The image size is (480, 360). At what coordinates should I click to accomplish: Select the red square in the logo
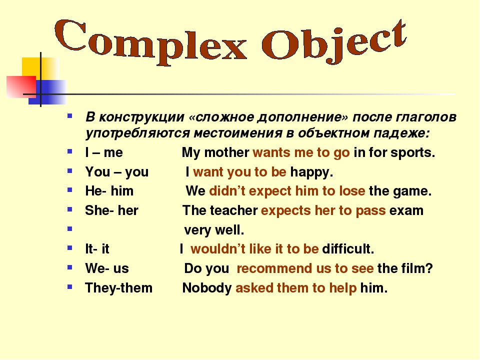coord(21,86)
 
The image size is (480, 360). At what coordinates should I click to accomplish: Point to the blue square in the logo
coord(47,92)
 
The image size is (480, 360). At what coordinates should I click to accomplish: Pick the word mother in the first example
coord(226,152)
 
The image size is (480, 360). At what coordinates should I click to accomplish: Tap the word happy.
coord(311,172)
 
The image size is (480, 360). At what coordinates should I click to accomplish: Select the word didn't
coord(227,191)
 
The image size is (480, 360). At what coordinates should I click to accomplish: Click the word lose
coord(352,191)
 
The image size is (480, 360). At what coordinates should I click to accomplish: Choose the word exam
coord(406,211)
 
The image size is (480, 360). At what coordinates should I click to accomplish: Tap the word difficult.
coord(348,249)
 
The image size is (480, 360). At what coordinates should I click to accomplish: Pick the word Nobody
coord(207,288)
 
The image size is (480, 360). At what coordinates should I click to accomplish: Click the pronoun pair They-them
coord(119,288)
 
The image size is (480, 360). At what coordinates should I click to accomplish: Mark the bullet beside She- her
coord(70,209)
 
